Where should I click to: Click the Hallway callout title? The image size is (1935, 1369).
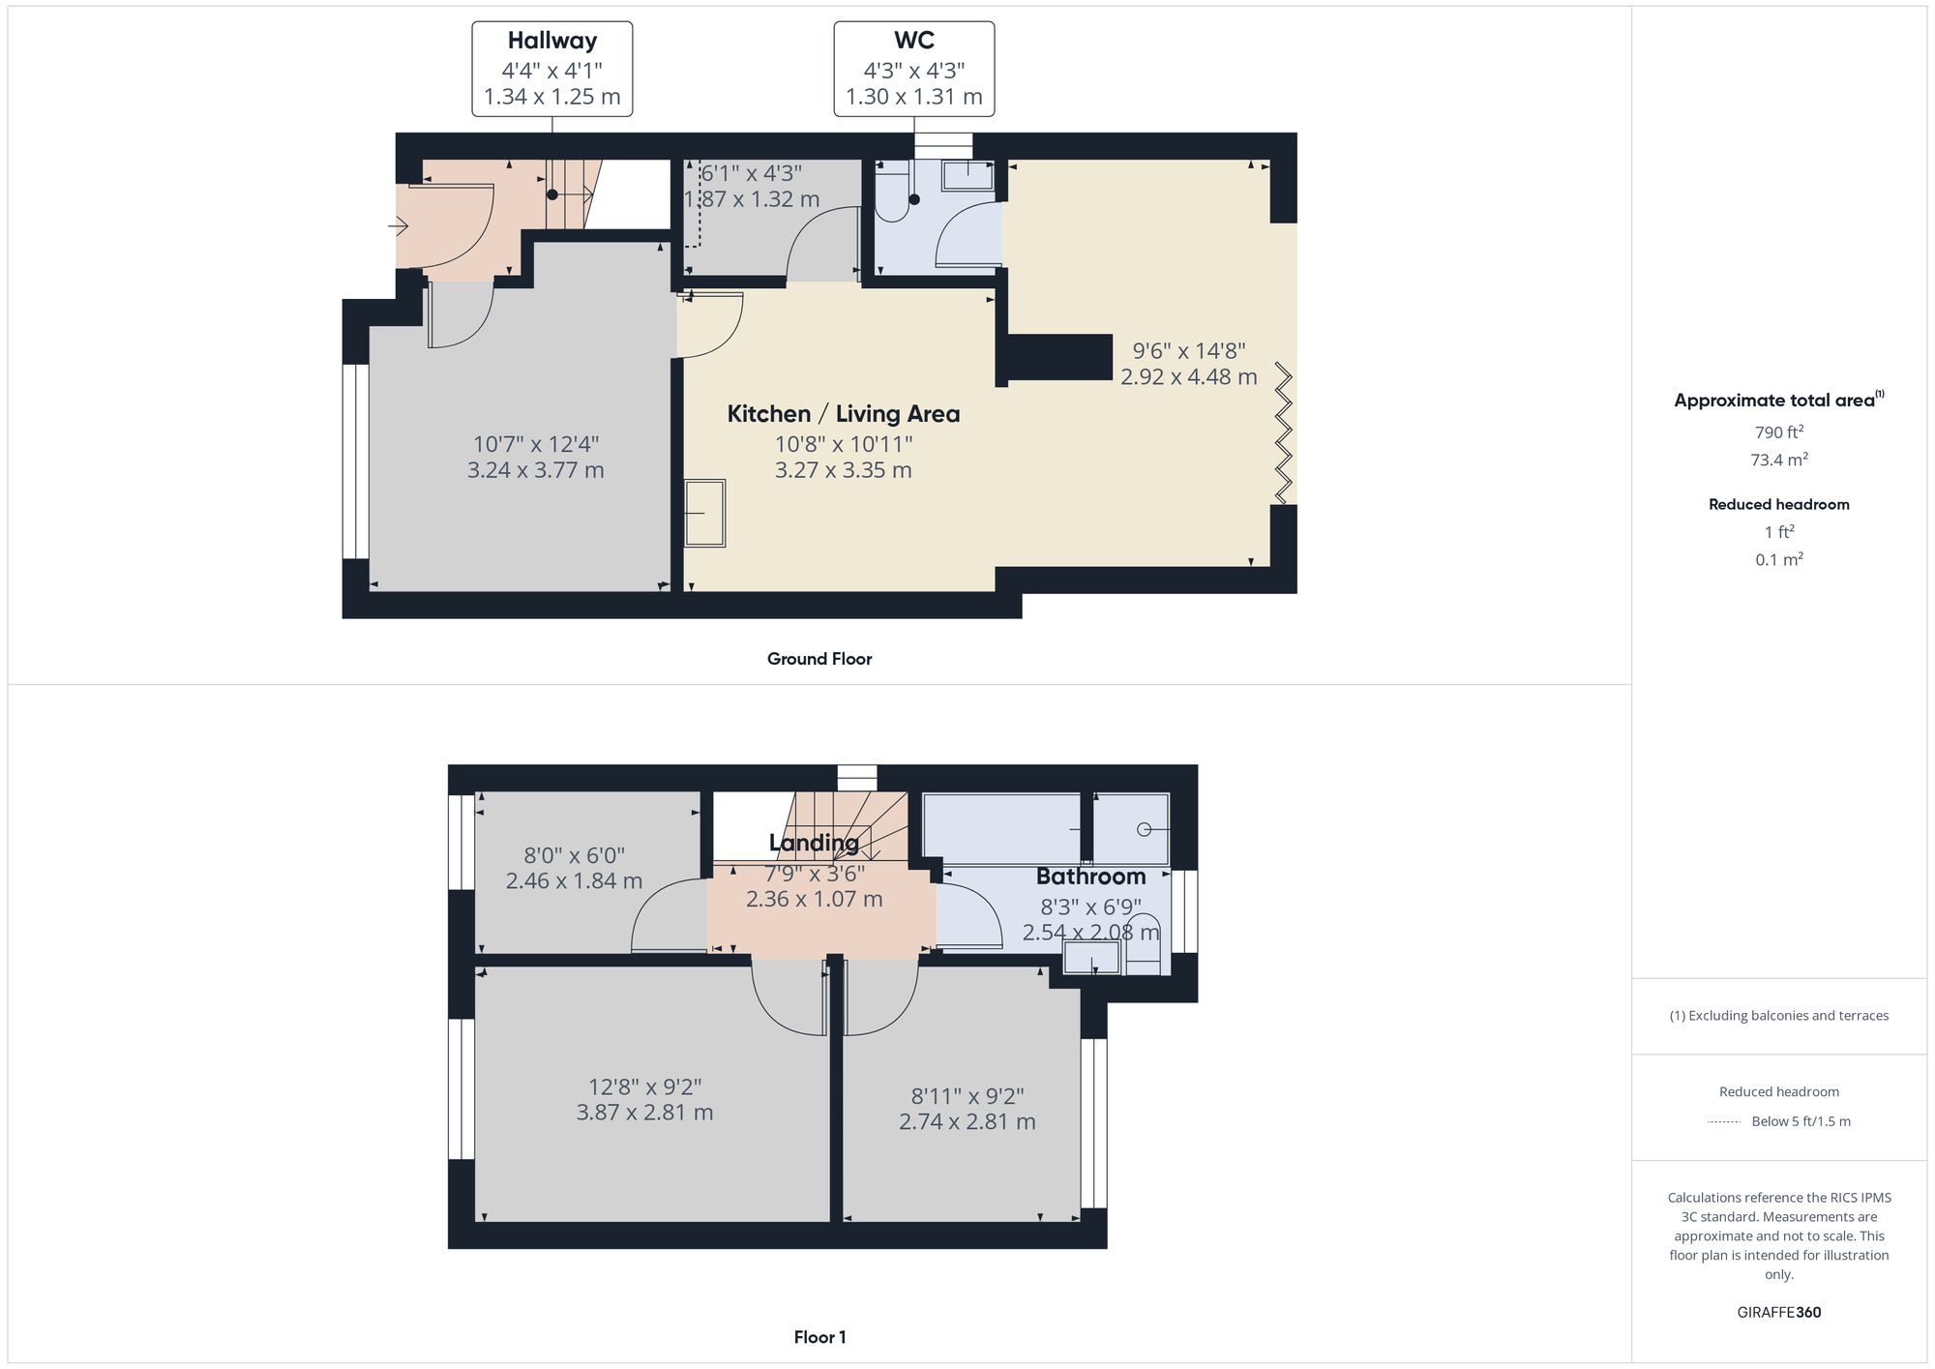551,41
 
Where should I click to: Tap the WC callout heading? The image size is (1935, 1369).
913,41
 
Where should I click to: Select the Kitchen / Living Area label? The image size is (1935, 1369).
843,414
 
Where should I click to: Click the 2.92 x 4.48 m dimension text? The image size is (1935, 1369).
1188,377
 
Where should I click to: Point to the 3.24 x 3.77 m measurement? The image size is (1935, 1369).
535,470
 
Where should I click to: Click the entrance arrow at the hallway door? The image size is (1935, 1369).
398,226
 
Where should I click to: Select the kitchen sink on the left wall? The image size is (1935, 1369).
705,513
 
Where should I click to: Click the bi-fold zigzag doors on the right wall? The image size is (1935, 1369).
1283,432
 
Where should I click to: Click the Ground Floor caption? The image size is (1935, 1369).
819,659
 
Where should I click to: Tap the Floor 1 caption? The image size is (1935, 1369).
819,1337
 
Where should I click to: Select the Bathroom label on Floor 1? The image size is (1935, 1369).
1090,877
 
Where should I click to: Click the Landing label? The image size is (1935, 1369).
814,843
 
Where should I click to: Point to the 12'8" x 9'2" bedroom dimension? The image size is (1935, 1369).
644,1086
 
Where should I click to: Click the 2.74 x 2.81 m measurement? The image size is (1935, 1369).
967,1122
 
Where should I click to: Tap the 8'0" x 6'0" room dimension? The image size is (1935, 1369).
574,855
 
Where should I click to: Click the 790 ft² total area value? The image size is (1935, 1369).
1778,432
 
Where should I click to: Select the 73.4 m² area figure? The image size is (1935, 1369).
1778,460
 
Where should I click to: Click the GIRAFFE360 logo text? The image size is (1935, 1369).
1778,1312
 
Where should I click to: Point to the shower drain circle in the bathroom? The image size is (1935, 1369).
1144,829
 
